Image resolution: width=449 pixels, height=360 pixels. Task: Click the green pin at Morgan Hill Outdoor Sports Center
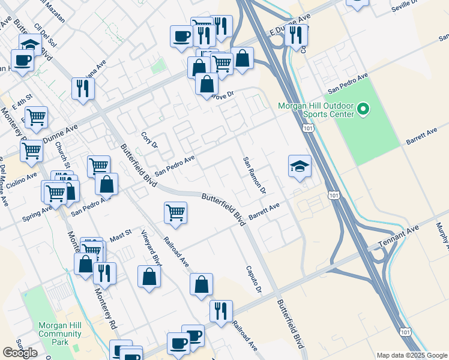363,109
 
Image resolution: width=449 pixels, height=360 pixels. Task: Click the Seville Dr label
403,6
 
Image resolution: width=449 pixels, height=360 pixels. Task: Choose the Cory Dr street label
149,140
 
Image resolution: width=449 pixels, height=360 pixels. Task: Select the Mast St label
119,238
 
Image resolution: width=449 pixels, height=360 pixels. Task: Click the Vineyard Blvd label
152,247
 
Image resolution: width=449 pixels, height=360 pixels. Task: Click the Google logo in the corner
20,353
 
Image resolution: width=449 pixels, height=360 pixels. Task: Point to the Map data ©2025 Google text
411,355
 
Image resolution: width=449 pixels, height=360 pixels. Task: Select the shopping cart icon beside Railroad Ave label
175,212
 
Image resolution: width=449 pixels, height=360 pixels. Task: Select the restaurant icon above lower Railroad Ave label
221,311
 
